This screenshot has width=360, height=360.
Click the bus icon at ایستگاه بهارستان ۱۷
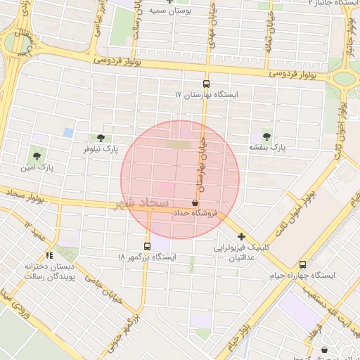click(207, 82)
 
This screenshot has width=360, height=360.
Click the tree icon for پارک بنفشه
click(266, 136)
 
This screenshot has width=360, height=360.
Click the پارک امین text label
click(37, 167)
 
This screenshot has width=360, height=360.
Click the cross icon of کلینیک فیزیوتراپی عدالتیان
click(242, 237)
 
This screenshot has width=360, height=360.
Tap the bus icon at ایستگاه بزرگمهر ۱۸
click(147, 246)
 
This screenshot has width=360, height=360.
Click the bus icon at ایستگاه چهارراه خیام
click(303, 264)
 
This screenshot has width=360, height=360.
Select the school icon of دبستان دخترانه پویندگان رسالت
click(49, 255)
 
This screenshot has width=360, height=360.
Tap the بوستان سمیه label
click(170, 12)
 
